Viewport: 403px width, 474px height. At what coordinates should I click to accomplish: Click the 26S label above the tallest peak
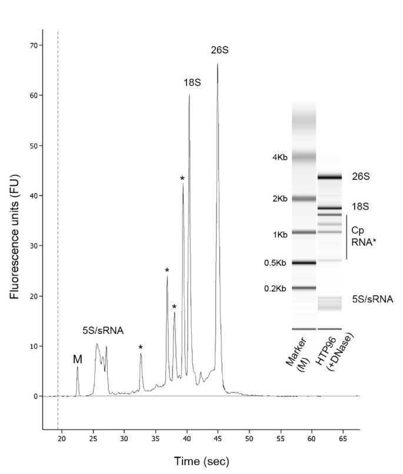coord(219,51)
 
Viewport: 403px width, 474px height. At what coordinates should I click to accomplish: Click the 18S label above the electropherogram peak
coord(192,83)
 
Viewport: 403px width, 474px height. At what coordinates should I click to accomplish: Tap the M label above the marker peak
coord(77,359)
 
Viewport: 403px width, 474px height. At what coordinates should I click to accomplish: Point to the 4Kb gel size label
coord(279,158)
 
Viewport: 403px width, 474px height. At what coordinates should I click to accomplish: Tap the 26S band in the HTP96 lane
coord(329,177)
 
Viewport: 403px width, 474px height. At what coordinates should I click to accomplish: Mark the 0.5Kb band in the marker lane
coord(304,263)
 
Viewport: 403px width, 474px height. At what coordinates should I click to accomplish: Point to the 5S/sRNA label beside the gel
coord(372,299)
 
